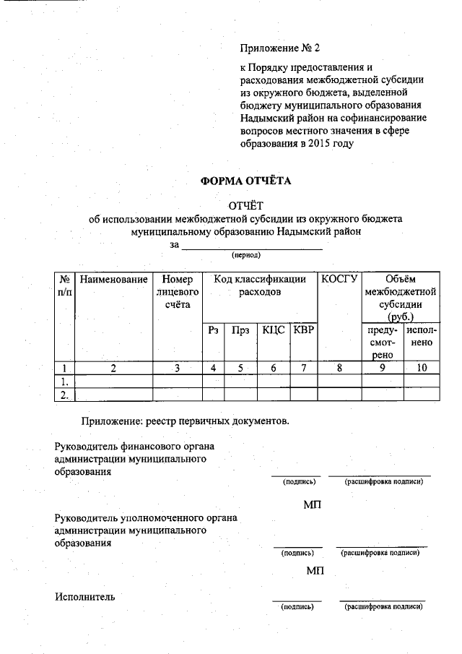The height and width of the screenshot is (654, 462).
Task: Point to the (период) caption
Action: click(245, 255)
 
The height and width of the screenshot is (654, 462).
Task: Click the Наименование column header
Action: click(114, 279)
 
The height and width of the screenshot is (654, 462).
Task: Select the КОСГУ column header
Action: click(339, 279)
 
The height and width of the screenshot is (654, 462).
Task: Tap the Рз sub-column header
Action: click(213, 330)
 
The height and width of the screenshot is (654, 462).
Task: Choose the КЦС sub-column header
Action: click(273, 330)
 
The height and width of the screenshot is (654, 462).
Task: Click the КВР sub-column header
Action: click(304, 330)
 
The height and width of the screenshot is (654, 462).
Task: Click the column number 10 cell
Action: click(422, 368)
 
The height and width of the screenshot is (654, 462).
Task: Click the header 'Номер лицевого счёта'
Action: click(177, 292)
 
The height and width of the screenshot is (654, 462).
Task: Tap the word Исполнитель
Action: click(84, 597)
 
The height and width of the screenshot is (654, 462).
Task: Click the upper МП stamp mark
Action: click(313, 503)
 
